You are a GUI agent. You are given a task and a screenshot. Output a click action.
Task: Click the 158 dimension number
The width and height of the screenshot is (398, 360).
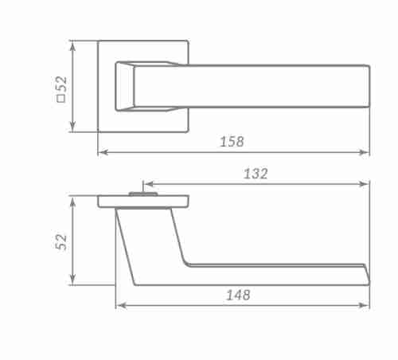pyautogui.click(x=232, y=142)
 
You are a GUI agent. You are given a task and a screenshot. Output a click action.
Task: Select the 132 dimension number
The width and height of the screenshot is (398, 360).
pyautogui.click(x=256, y=174)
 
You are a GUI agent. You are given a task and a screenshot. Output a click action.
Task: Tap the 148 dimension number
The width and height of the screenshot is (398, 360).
pyautogui.click(x=238, y=295)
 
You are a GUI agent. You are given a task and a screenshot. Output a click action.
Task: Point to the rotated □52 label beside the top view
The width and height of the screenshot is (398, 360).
pyautogui.click(x=61, y=89)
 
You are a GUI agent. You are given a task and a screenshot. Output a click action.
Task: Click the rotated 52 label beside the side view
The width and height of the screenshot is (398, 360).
pyautogui.click(x=61, y=242)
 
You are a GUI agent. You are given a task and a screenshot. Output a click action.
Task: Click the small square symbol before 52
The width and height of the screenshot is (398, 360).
pyautogui.click(x=61, y=99)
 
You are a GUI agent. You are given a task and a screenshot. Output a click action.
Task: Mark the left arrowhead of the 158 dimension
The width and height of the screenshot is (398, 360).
pyautogui.click(x=103, y=152)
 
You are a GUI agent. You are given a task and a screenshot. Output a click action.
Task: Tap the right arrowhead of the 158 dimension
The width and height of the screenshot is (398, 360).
pyautogui.click(x=365, y=152)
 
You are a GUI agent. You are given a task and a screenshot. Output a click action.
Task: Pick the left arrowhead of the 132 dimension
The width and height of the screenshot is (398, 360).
pyautogui.click(x=149, y=184)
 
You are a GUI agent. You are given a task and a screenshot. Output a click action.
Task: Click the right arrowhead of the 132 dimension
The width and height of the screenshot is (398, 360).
pyautogui.click(x=365, y=184)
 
